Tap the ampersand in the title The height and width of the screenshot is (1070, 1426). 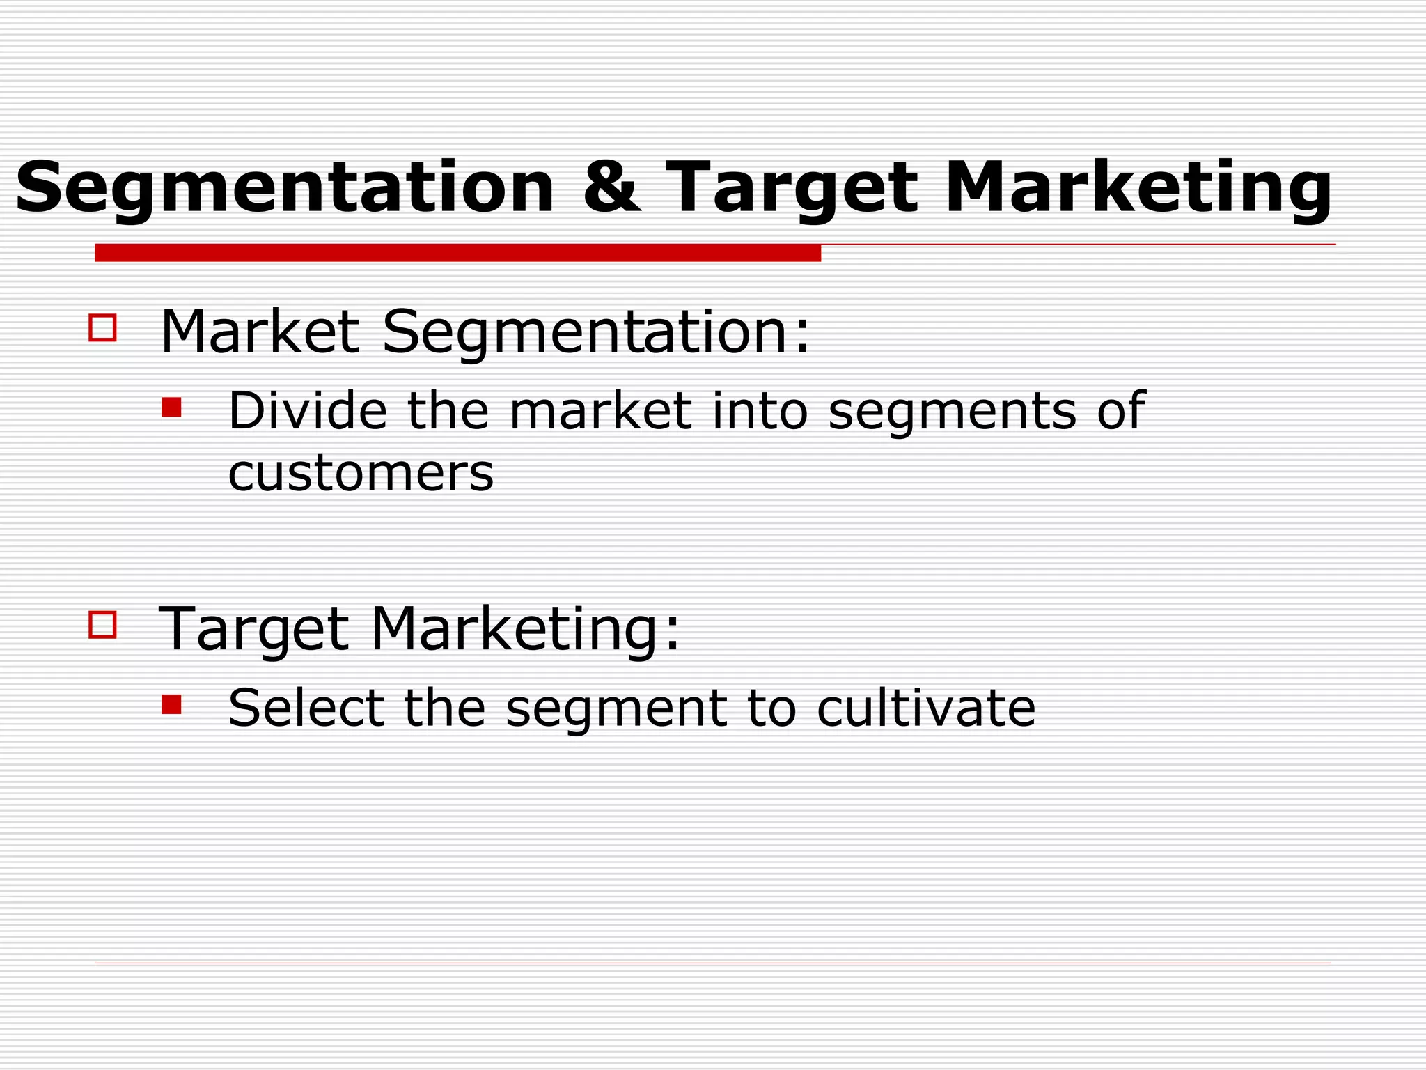[611, 187]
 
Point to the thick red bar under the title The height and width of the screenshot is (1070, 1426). [457, 253]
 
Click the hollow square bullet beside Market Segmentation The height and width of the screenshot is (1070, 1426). [103, 327]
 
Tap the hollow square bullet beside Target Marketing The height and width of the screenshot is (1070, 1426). [103, 625]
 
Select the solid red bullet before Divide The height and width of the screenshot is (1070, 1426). [171, 408]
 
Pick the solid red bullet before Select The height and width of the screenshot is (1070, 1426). [171, 705]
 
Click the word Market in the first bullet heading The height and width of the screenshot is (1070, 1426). [260, 332]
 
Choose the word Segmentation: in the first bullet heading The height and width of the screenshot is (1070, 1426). [596, 333]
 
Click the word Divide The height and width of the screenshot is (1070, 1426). [307, 410]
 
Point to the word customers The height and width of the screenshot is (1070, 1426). [361, 474]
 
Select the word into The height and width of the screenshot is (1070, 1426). [760, 410]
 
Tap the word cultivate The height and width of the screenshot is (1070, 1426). [926, 708]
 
